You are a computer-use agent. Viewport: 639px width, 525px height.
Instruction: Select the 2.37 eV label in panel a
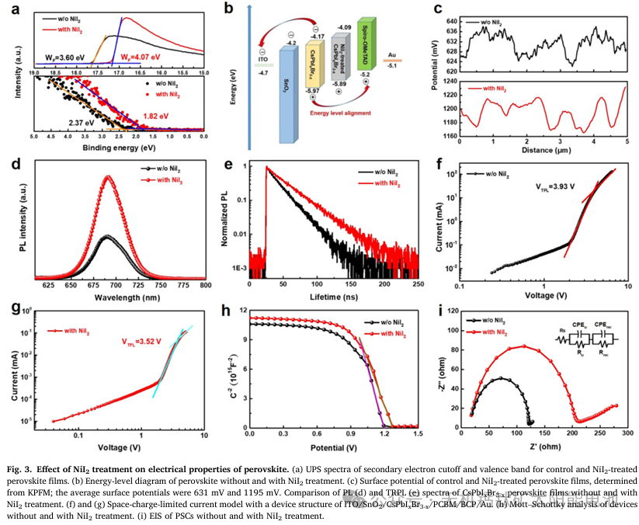pyautogui.click(x=80, y=123)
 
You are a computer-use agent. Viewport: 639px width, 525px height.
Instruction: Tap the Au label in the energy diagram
pyautogui.click(x=392, y=54)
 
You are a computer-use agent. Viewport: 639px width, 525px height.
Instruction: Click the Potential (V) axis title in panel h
pyautogui.click(x=334, y=447)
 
